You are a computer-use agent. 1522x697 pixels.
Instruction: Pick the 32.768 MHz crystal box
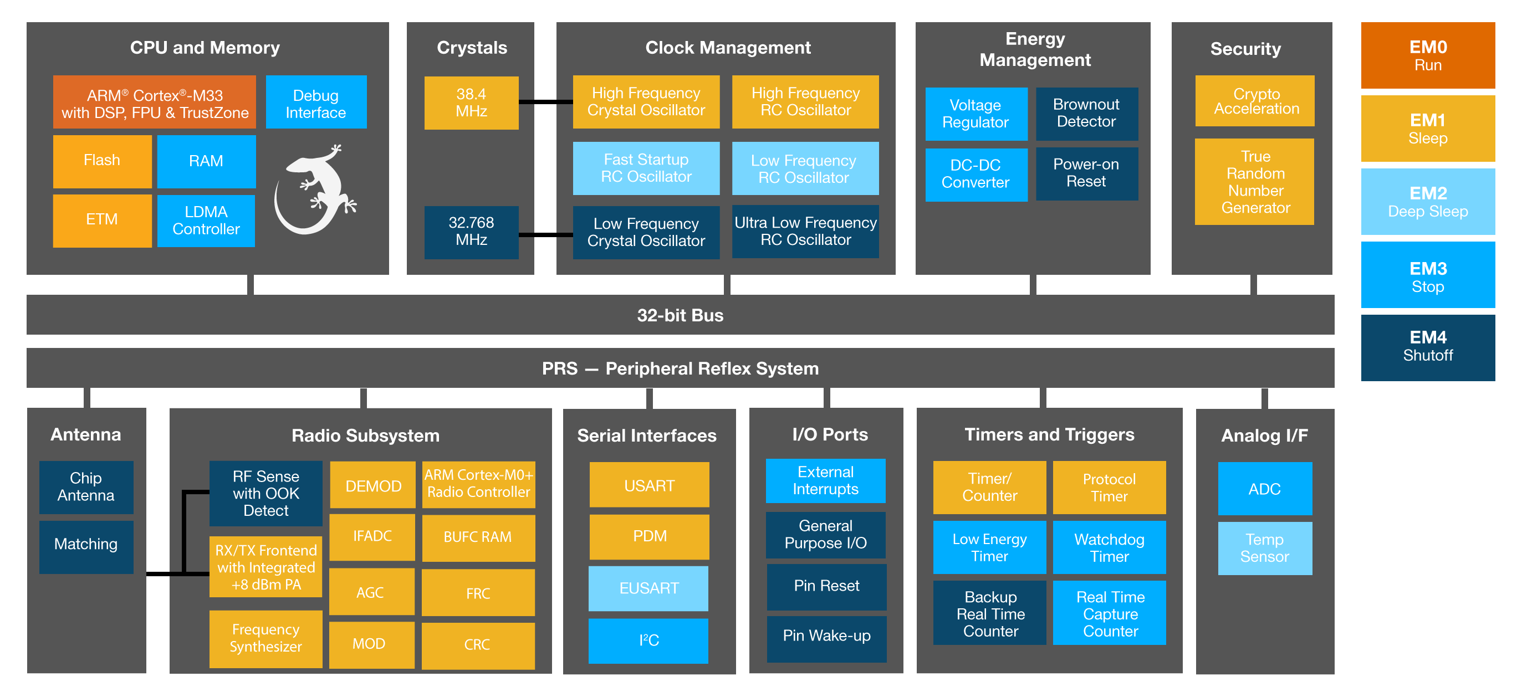click(x=471, y=232)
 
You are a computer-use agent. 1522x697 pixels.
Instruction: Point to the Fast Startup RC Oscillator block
click(x=646, y=168)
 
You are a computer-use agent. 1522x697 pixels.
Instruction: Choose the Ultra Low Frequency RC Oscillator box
click(x=805, y=232)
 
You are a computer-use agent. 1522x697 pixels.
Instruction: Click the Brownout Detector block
click(x=1086, y=114)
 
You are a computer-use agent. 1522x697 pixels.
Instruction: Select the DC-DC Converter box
click(x=975, y=174)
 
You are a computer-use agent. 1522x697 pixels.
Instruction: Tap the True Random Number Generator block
click(x=1255, y=182)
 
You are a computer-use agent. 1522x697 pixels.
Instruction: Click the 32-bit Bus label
click(x=680, y=315)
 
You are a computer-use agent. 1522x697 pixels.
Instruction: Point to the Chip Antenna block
click(x=86, y=486)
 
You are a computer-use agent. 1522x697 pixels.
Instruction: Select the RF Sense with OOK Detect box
click(x=266, y=493)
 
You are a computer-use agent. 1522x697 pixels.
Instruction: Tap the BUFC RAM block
click(x=478, y=537)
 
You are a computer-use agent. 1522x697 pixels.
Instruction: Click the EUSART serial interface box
click(x=648, y=588)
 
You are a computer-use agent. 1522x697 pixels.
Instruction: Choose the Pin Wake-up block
click(x=826, y=636)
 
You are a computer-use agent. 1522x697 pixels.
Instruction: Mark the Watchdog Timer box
click(x=1109, y=547)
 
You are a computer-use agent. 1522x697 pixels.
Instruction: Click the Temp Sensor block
click(x=1264, y=548)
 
